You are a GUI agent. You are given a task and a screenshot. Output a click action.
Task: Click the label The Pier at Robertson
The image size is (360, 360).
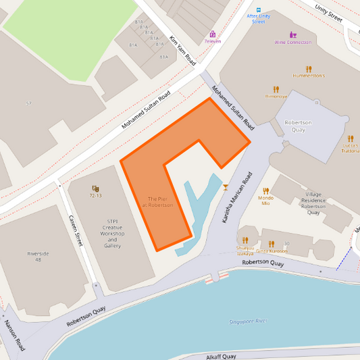pyautogui.click(x=160, y=202)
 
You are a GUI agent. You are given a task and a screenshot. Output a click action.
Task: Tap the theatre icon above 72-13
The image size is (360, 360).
pyautogui.click(x=95, y=188)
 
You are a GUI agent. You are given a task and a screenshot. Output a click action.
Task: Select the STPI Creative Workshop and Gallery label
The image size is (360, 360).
pyautogui.click(x=112, y=233)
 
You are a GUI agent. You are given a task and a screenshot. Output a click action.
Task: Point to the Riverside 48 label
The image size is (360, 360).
pyautogui.click(x=38, y=256)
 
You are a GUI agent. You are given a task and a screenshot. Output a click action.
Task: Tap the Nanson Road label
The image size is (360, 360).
pyautogui.click(x=14, y=335)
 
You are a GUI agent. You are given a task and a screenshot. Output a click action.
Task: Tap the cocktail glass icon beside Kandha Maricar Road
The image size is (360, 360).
pyautogui.click(x=226, y=186)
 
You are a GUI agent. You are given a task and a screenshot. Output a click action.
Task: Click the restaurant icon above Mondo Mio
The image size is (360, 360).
pyautogui.click(x=265, y=191)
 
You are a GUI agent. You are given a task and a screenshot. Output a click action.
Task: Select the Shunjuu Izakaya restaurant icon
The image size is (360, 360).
pyautogui.click(x=245, y=240)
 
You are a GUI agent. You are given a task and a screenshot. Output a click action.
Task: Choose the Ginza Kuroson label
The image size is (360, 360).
pyautogui.click(x=272, y=251)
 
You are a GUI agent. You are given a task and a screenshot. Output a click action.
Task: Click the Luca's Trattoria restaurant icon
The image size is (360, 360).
pyautogui.click(x=350, y=138)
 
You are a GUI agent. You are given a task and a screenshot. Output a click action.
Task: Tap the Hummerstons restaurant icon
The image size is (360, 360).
pyautogui.click(x=309, y=69)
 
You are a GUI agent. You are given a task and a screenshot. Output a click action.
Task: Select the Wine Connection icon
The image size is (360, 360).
pyautogui.click(x=293, y=34)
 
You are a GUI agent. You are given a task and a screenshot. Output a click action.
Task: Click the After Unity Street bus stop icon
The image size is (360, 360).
pyautogui.click(x=258, y=10)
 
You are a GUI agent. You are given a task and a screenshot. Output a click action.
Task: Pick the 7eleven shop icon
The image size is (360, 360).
pyautogui.click(x=213, y=34)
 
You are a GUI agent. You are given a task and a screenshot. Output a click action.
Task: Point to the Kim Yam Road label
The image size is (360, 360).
pyautogui.click(x=182, y=50)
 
